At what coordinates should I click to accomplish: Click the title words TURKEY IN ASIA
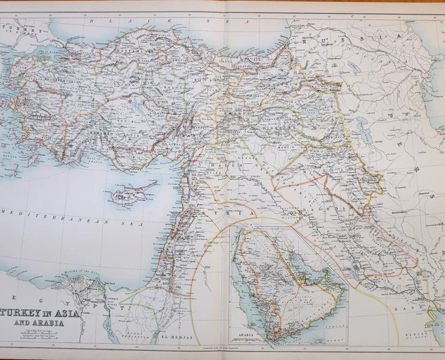(x=44, y=312)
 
